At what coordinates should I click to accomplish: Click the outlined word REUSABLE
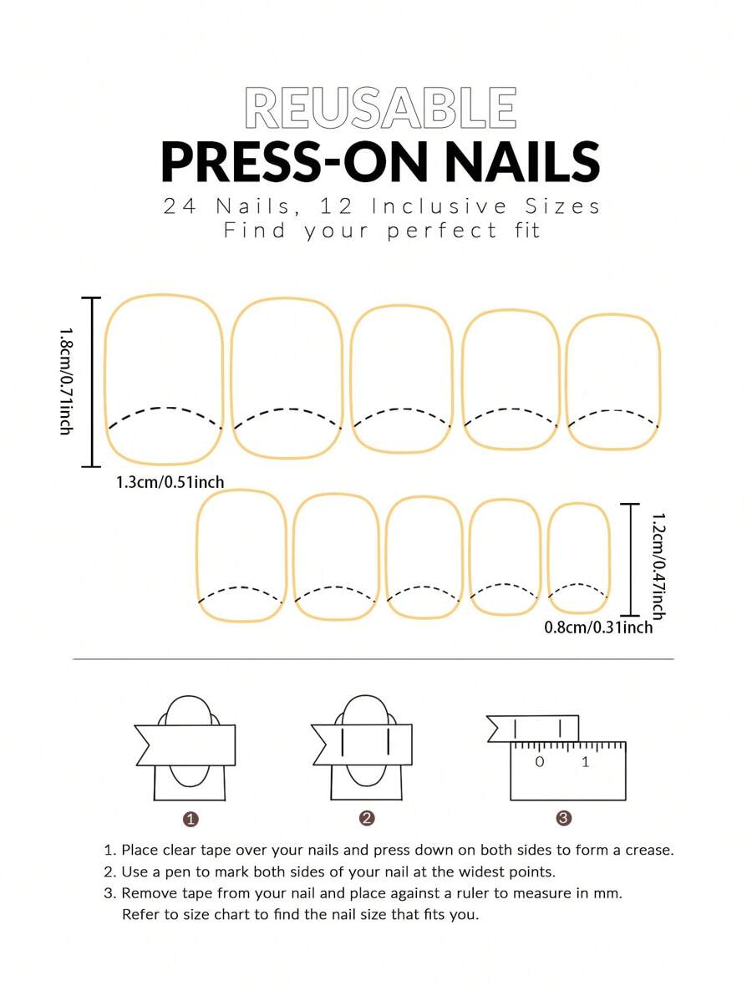point(380,109)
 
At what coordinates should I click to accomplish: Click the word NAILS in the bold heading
point(522,162)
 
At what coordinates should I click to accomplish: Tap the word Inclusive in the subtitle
point(440,206)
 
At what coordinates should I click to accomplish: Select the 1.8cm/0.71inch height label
point(65,381)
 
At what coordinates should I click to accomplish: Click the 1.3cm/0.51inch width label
point(170,482)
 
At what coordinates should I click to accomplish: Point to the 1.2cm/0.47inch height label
point(658,566)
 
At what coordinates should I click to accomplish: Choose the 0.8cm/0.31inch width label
point(598,628)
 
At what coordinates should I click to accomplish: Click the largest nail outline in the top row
point(164,379)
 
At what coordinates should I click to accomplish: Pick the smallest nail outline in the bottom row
point(579,559)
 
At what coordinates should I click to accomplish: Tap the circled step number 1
point(191,819)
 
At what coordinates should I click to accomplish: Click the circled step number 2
point(367,818)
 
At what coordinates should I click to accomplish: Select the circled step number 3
point(564,818)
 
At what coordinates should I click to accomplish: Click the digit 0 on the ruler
point(540,761)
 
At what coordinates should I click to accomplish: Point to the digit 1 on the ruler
point(585,761)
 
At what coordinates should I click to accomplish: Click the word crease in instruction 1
point(648,851)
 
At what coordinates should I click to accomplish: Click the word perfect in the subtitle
point(442,231)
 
